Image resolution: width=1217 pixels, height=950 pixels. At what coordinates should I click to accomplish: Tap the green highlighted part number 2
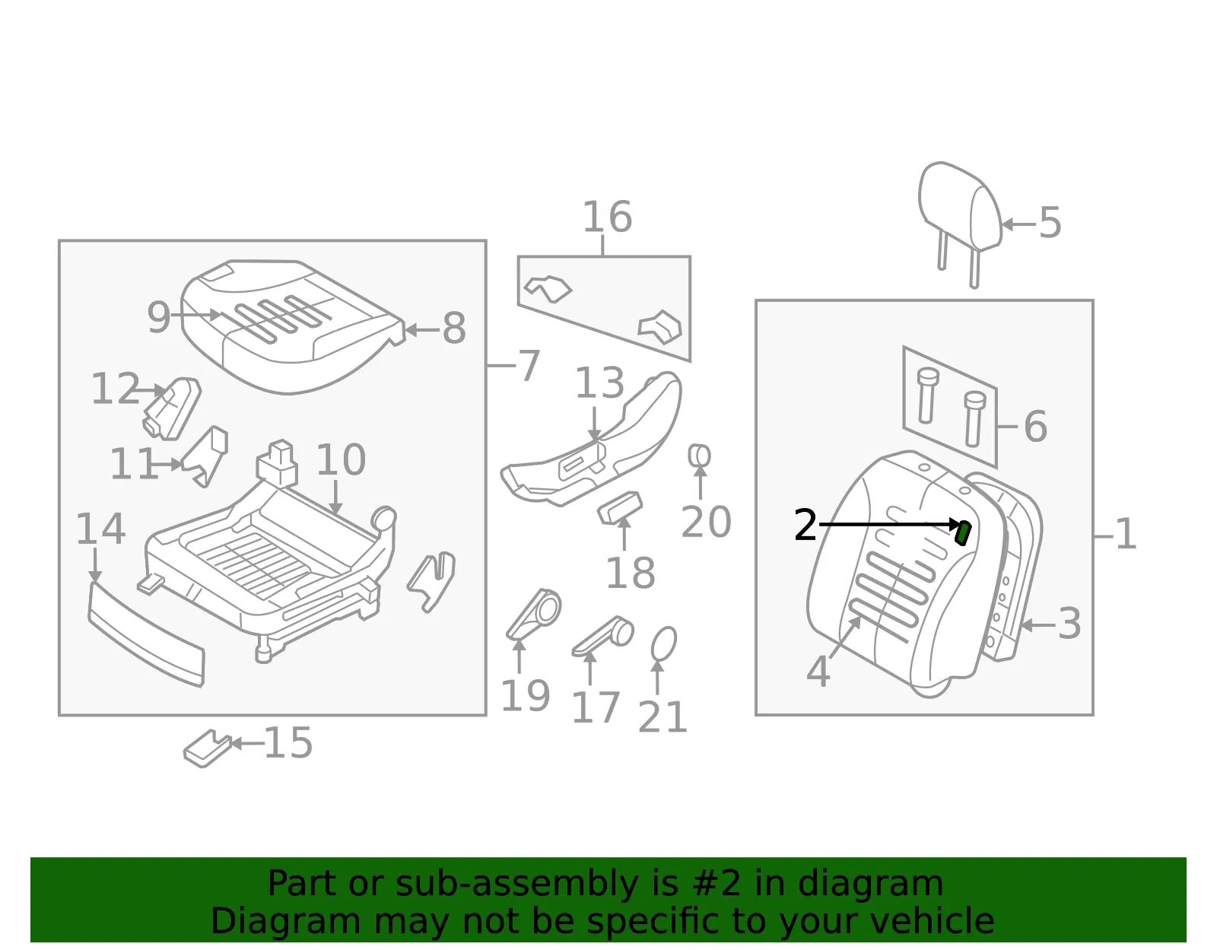963,532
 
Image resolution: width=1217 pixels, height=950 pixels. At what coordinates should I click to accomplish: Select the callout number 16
608,217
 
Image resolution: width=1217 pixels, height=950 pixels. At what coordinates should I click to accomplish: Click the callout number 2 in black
806,525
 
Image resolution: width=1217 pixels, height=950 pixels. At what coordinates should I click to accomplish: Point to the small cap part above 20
699,456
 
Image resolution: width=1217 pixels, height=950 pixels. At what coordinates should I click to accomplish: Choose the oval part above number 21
664,643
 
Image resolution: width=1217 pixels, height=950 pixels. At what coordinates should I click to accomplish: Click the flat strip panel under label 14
147,634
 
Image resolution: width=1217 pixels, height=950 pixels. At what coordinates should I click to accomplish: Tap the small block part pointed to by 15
207,748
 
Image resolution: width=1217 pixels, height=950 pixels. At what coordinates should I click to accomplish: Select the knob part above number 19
534,614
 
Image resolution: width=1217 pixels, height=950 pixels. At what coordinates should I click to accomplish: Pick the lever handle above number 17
602,637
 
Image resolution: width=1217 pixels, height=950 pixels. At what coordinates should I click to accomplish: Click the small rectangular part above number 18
620,508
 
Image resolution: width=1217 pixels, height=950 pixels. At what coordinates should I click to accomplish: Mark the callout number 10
341,459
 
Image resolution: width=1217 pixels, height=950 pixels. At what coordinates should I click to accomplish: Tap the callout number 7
529,366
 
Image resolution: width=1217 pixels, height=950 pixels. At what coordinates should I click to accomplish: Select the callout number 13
600,383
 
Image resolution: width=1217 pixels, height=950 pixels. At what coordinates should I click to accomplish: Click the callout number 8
454,328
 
